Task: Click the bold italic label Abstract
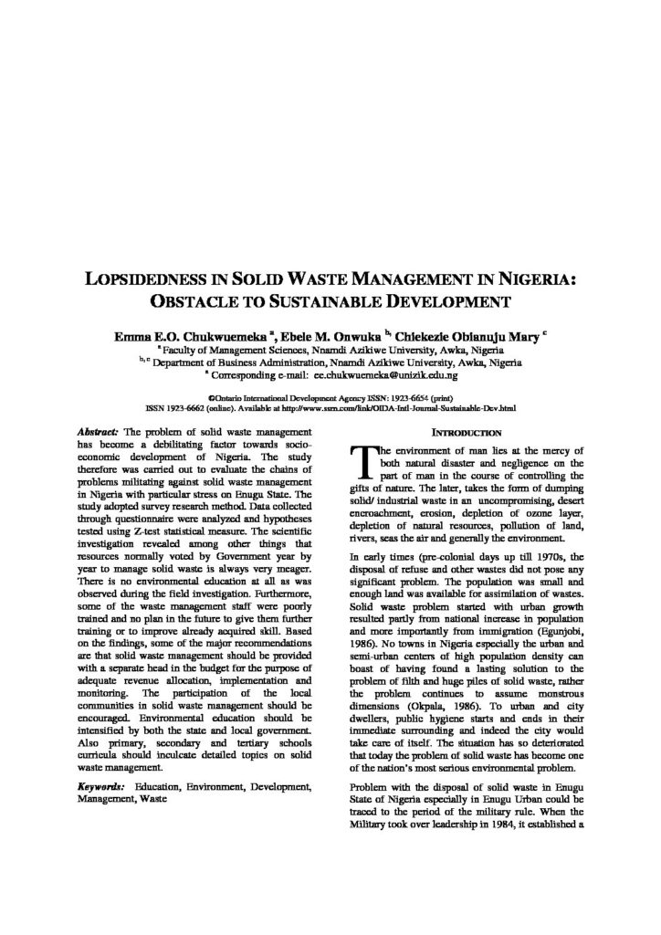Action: (98, 431)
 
